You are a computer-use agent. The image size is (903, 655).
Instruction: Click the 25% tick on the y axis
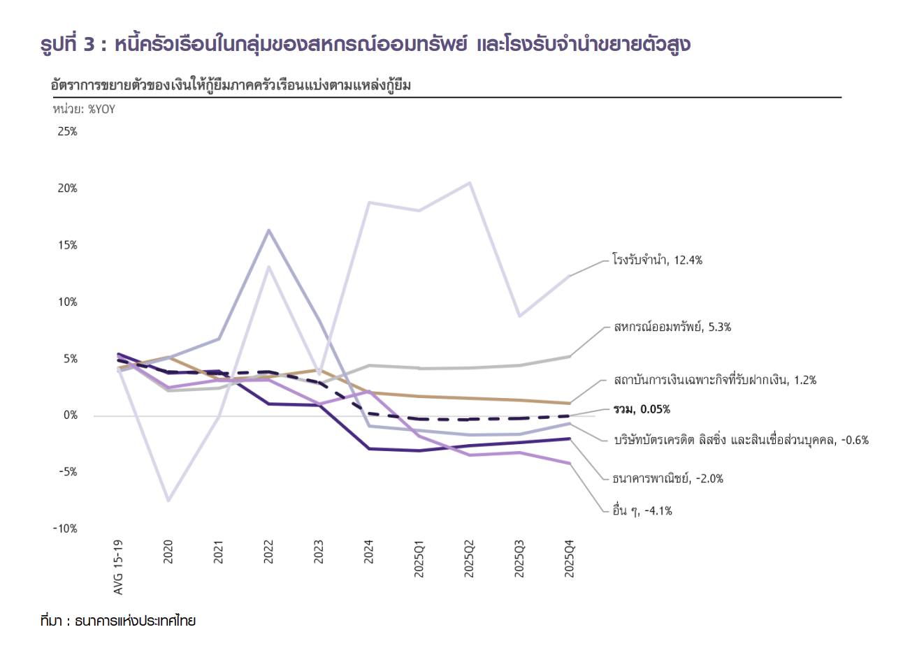tap(68, 131)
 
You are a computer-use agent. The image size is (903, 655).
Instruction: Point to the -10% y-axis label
tap(65, 529)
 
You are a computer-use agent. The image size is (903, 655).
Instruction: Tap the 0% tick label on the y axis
tap(70, 415)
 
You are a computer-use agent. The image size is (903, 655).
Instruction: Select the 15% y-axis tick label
tap(68, 245)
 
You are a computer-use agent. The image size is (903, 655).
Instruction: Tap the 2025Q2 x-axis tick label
tap(469, 559)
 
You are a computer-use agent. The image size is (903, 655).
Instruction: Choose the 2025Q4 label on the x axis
tap(570, 559)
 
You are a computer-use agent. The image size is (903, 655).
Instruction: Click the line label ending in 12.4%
tap(657, 260)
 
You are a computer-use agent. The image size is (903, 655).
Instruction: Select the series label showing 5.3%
tap(672, 327)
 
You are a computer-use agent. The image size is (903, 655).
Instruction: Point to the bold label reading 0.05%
tap(642, 409)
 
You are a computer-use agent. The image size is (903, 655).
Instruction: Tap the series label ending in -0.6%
tap(741, 441)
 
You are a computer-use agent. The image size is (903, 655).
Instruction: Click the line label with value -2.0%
tap(667, 479)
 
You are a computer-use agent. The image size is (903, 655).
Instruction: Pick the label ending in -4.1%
tap(642, 511)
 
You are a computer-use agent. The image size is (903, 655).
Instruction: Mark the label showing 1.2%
tap(715, 381)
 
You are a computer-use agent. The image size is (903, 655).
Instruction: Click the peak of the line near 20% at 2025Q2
tap(470, 183)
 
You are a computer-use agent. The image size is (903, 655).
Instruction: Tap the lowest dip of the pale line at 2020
tap(168, 501)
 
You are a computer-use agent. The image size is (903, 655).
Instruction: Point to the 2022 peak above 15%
tap(269, 230)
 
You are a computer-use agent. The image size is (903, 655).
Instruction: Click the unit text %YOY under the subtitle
tap(84, 109)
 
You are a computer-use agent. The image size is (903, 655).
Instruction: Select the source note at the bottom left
tap(118, 621)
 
